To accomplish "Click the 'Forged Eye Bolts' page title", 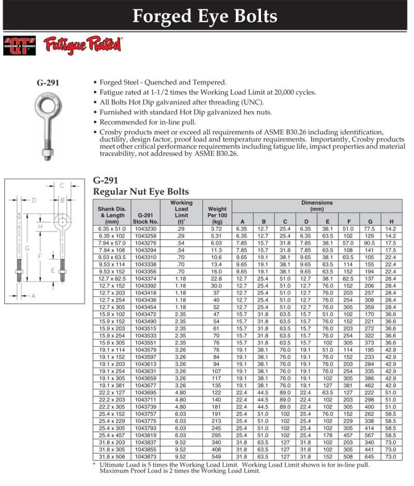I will pos(205,16).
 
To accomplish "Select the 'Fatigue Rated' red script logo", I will pos(83,45).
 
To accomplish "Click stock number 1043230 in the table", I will pos(145,228).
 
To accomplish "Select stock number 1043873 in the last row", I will pos(145,456).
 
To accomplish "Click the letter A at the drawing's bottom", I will pos(34,296).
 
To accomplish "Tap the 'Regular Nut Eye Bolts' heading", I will pos(141,192).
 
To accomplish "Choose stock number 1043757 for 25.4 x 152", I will pos(145,414).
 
